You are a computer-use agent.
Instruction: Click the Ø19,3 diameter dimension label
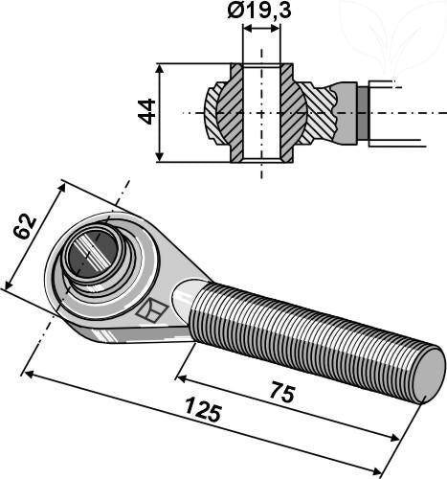click(261, 12)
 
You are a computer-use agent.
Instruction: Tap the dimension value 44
click(146, 111)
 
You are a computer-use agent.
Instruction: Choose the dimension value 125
click(202, 415)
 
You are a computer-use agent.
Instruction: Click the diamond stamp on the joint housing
click(150, 310)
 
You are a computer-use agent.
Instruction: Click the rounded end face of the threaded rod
click(427, 373)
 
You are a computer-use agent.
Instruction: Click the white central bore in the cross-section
click(261, 112)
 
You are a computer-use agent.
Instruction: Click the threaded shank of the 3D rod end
click(306, 335)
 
